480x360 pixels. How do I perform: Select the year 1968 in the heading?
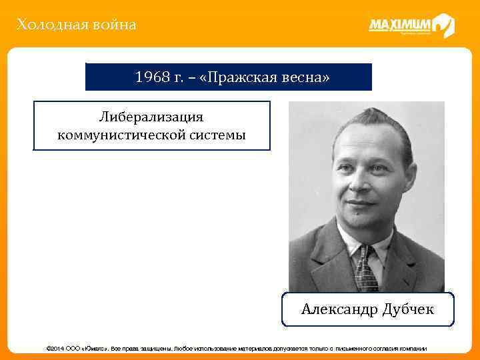point(153,77)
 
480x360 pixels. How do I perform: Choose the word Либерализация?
point(151,117)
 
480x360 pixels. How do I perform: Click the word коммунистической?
point(119,135)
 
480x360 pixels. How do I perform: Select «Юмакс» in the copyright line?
point(95,349)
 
